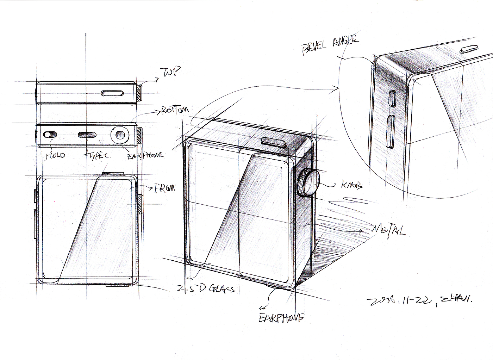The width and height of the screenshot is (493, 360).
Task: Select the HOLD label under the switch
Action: click(x=55, y=155)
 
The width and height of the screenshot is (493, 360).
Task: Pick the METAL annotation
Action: click(x=388, y=230)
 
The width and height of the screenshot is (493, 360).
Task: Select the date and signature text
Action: click(x=419, y=300)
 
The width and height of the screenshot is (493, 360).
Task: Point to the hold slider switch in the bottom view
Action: click(x=50, y=135)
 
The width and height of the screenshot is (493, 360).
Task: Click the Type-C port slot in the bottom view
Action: click(x=86, y=134)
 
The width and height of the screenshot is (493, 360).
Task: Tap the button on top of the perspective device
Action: click(x=273, y=141)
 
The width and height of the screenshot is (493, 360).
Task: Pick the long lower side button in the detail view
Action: click(x=390, y=131)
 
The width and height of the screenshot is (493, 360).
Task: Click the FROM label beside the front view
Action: click(x=164, y=188)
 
